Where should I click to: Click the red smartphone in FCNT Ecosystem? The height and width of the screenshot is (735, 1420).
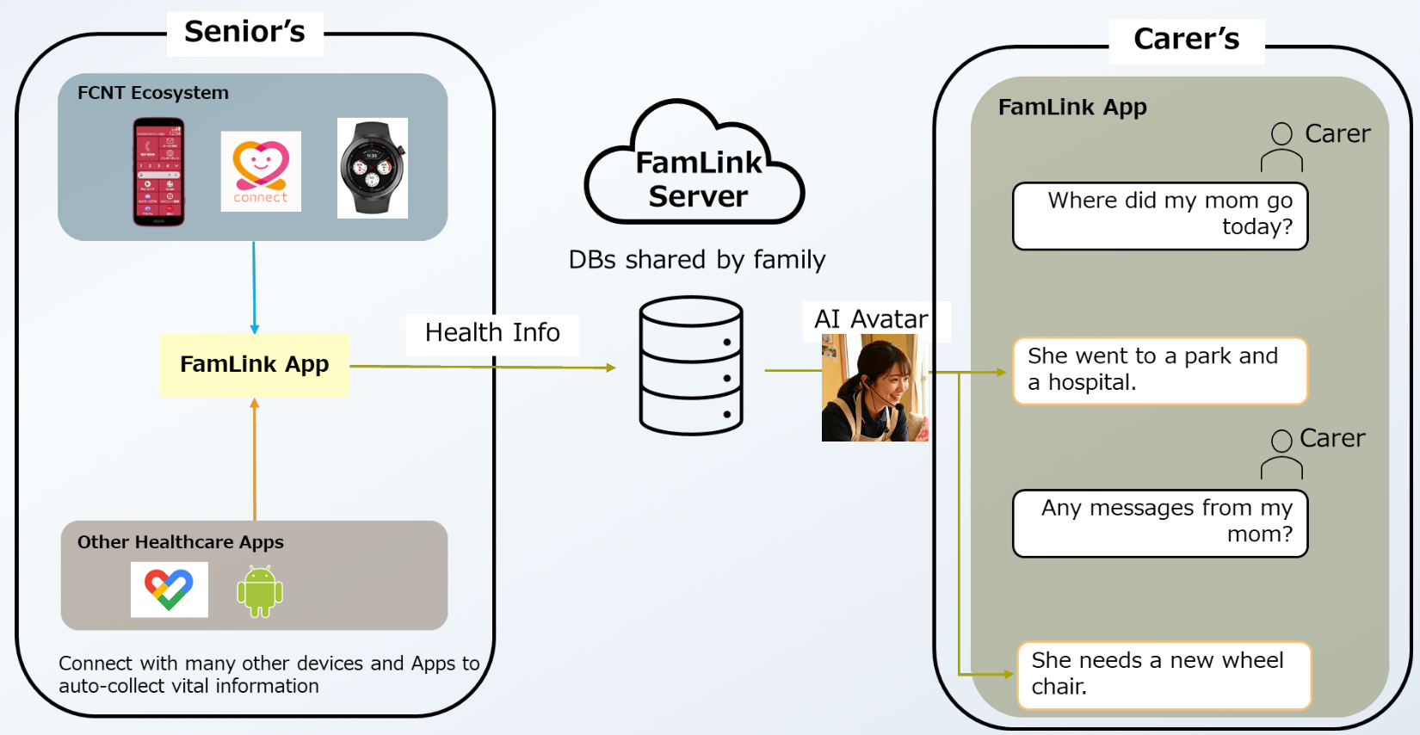pos(158,171)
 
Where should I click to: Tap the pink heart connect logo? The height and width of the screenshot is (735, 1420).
pos(261,171)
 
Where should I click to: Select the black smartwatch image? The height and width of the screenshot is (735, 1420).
pos(372,168)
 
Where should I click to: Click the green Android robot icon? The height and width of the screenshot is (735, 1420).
pos(259,591)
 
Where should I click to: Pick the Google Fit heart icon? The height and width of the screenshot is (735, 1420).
pos(169,590)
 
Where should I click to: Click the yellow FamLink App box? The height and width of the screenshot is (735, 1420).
pos(254,365)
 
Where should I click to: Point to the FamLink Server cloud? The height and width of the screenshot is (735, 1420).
pos(695,168)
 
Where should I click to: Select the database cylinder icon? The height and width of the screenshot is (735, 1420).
pos(691,366)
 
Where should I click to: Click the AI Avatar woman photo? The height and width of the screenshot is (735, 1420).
pos(874,388)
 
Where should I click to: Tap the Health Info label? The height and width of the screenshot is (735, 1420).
pos(492,333)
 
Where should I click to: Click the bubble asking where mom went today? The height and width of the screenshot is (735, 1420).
pos(1160,215)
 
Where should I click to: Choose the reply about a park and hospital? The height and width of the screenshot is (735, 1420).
pos(1160,370)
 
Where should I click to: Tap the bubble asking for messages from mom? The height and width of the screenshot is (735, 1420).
pos(1160,522)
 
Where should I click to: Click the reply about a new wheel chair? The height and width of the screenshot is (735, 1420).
pos(1164,675)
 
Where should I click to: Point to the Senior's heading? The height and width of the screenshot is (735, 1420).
pos(244,33)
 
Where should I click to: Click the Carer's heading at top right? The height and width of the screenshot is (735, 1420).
pos(1186,40)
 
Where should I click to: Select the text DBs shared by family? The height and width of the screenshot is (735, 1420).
pos(697,260)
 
